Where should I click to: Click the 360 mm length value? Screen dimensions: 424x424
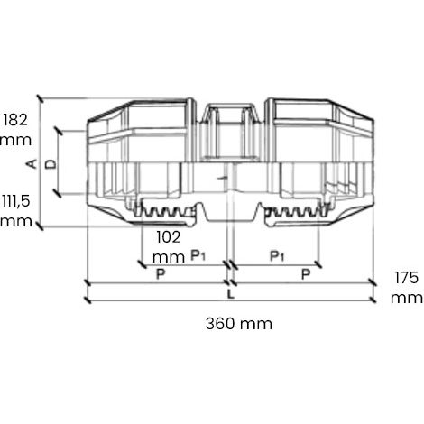(x=239, y=324)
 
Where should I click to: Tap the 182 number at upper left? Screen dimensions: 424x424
(x=15, y=120)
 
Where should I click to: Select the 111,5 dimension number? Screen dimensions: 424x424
(x=16, y=200)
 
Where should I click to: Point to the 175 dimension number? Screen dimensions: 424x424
(x=407, y=277)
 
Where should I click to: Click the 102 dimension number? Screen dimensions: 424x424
(x=169, y=237)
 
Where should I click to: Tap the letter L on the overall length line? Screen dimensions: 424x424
(x=230, y=294)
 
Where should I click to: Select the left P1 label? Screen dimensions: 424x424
(x=198, y=255)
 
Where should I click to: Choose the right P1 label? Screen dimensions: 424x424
(x=277, y=256)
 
